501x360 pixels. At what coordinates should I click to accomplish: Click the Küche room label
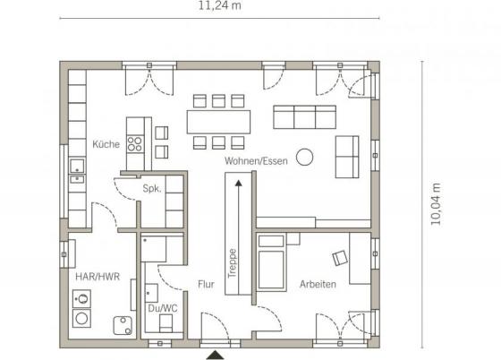[106, 144]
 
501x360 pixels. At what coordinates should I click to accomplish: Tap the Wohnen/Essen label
[256, 161]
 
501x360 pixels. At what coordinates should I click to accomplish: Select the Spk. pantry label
[152, 188]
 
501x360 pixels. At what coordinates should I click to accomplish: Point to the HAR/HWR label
[98, 276]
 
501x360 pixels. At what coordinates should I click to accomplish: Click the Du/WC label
[163, 308]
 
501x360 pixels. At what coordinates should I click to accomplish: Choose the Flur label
[206, 284]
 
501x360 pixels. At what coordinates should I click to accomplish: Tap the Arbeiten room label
[318, 284]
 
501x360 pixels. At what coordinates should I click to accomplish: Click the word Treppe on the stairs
[233, 263]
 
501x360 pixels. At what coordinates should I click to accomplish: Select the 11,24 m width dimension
[220, 5]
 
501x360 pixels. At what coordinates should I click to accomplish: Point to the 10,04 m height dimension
[436, 204]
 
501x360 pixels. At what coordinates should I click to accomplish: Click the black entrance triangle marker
[215, 356]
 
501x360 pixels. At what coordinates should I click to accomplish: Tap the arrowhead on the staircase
[238, 184]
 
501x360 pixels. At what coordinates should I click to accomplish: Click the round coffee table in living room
[304, 158]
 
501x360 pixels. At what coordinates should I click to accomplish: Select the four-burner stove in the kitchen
[135, 144]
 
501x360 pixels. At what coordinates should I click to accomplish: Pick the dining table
[218, 122]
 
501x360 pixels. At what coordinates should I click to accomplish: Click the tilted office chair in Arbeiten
[340, 258]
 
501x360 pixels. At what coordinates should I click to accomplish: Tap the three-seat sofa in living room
[304, 117]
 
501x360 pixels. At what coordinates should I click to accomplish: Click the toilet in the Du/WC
[166, 323]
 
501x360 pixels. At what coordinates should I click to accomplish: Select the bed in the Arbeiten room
[271, 262]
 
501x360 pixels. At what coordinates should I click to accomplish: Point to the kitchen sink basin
[77, 167]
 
